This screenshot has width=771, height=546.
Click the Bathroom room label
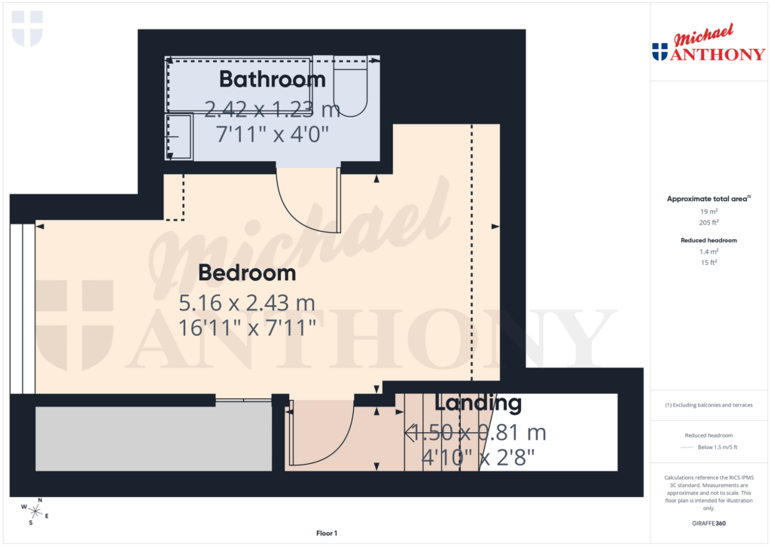coord(272,79)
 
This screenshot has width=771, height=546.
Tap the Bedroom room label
coord(247,273)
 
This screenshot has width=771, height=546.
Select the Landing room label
coord(478,404)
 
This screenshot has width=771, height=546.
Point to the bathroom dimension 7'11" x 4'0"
coord(273,136)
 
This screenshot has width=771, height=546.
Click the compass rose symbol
coord(35,511)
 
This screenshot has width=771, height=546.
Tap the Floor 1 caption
coord(327,533)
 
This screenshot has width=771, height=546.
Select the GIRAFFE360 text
coord(710,523)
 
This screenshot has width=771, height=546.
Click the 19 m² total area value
coord(708,212)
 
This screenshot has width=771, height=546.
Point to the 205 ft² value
coord(708,223)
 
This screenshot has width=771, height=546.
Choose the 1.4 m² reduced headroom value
coord(708,252)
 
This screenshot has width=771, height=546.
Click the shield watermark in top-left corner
coord(28,28)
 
